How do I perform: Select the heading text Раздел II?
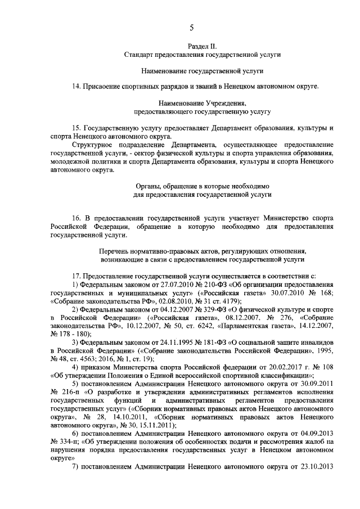(202, 44)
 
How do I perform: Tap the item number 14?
(76, 87)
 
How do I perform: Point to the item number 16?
(76, 218)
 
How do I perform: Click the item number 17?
(76, 276)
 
